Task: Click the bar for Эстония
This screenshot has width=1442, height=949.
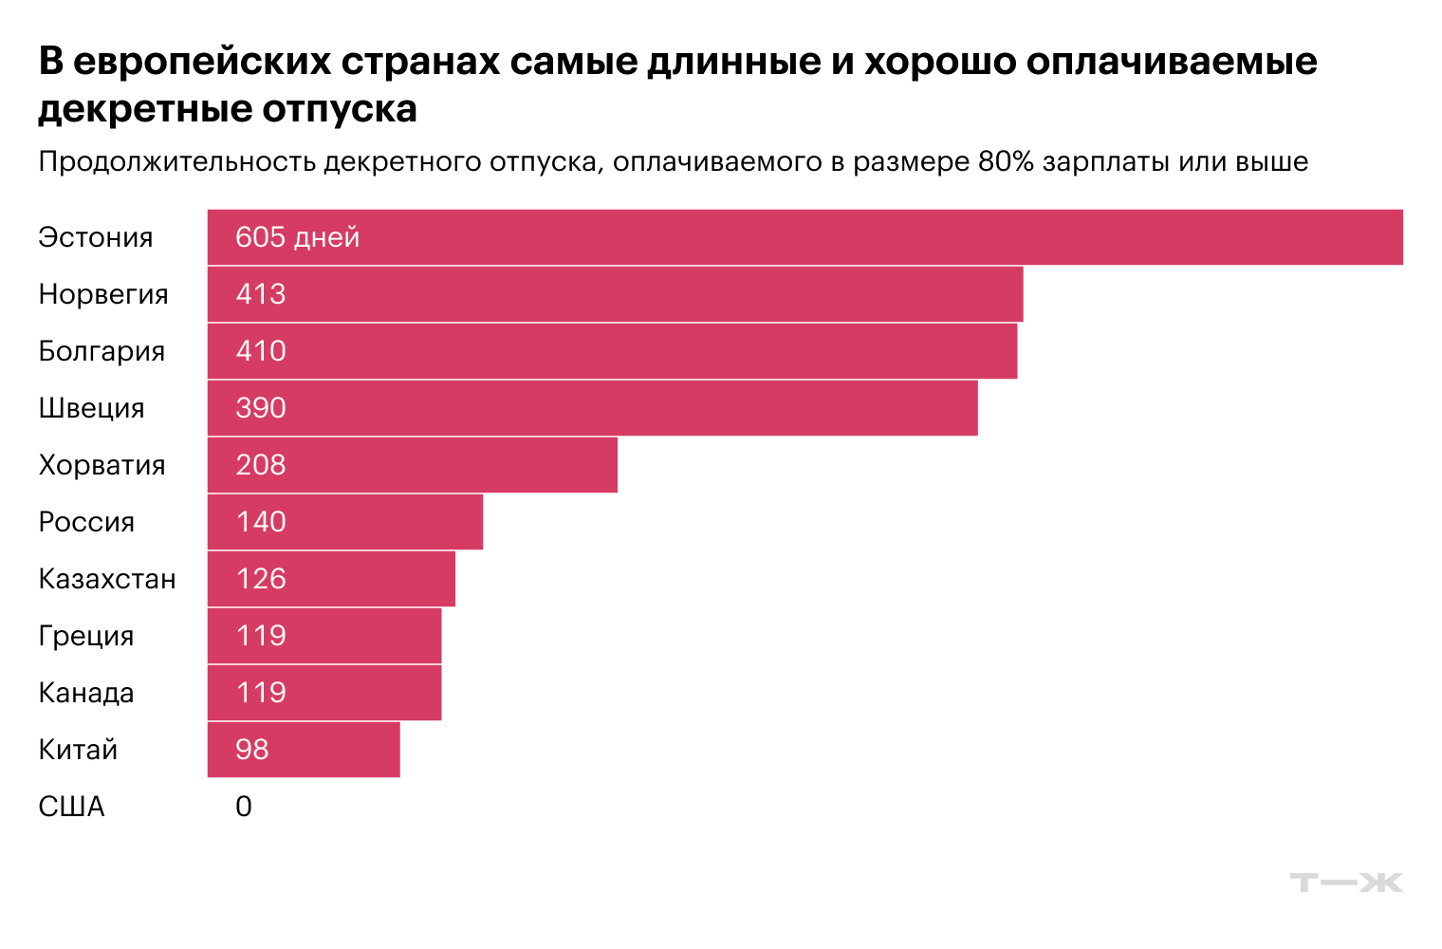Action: [x=804, y=237]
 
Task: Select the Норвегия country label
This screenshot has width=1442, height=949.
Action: [x=103, y=294]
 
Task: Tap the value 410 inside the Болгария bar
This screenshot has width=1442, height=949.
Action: [x=261, y=351]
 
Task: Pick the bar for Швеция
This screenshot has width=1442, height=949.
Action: [x=592, y=408]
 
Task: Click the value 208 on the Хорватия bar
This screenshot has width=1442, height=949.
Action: [x=261, y=465]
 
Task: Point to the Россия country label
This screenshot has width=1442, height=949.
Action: [x=86, y=522]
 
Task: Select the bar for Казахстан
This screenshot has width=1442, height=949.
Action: [x=331, y=579]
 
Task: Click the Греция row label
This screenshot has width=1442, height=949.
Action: [x=86, y=636]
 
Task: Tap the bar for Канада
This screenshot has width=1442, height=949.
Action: [x=324, y=693]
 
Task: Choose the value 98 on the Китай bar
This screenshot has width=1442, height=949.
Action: [x=252, y=750]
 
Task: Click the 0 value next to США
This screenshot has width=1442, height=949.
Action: [x=244, y=807]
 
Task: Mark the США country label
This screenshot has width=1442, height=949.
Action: [x=71, y=807]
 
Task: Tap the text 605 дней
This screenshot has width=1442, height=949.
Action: [x=297, y=237]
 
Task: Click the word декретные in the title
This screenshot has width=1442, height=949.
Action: [x=145, y=109]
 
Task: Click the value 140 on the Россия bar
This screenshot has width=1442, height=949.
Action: [x=261, y=522]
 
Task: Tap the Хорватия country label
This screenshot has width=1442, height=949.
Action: [x=102, y=465]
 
